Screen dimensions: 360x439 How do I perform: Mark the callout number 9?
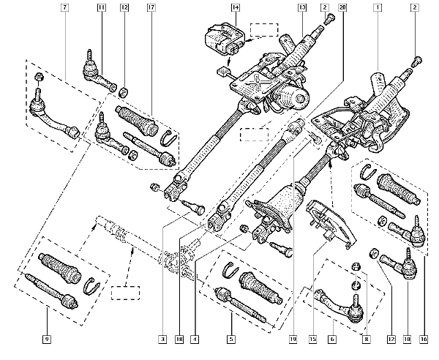click(x=47, y=339)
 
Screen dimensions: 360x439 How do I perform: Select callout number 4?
click(x=195, y=339)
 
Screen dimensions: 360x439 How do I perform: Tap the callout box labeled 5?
click(x=231, y=339)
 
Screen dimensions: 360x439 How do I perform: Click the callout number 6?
click(x=332, y=339)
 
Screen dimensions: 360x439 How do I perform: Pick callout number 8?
click(x=367, y=339)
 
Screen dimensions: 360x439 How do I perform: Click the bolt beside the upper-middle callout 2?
click(x=329, y=19)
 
